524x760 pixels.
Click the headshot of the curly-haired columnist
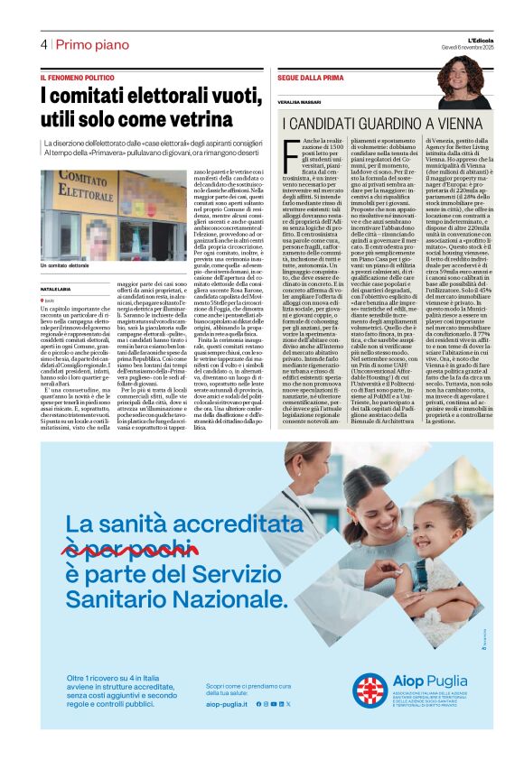(463, 80)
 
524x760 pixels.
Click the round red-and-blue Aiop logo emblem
(369, 690)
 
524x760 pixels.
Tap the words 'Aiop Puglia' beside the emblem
(427, 682)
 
